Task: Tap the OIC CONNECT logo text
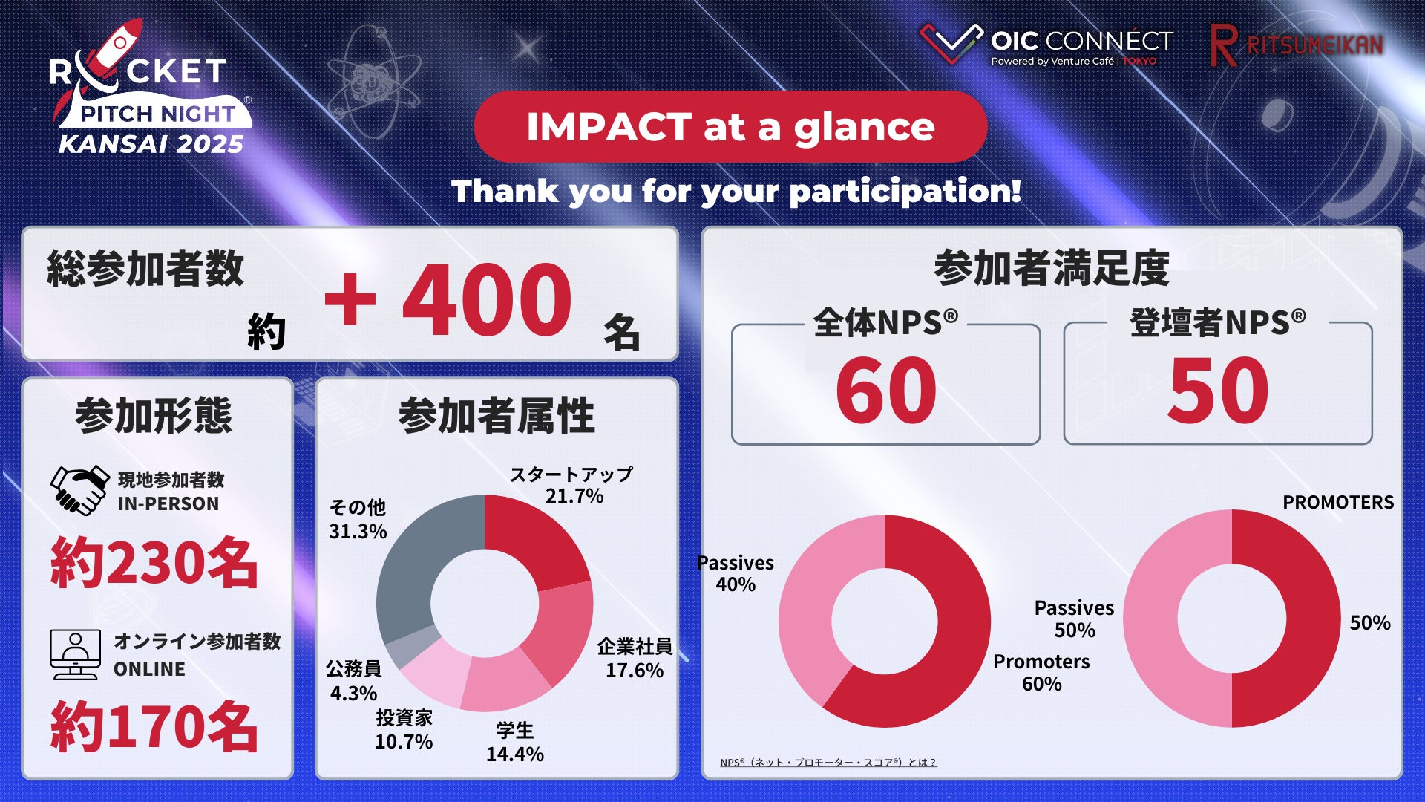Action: [x=1082, y=40]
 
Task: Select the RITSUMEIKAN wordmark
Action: [x=1314, y=45]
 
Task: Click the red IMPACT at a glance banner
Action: [x=730, y=127]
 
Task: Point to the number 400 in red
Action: [x=487, y=299]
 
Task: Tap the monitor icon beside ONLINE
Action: [x=75, y=654]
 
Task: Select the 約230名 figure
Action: [x=154, y=562]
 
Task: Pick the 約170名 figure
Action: [x=154, y=726]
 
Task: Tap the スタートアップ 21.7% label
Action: [x=571, y=484]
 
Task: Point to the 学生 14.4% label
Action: [x=515, y=742]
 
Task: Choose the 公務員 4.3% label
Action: [x=353, y=681]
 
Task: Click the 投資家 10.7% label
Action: [x=404, y=729]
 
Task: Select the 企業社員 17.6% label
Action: [x=635, y=658]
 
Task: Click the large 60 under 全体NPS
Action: [x=886, y=390]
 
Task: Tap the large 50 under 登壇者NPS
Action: [x=1218, y=390]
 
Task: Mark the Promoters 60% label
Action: [x=1042, y=673]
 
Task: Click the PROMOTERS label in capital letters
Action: [x=1338, y=502]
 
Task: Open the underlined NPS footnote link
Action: [x=828, y=763]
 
